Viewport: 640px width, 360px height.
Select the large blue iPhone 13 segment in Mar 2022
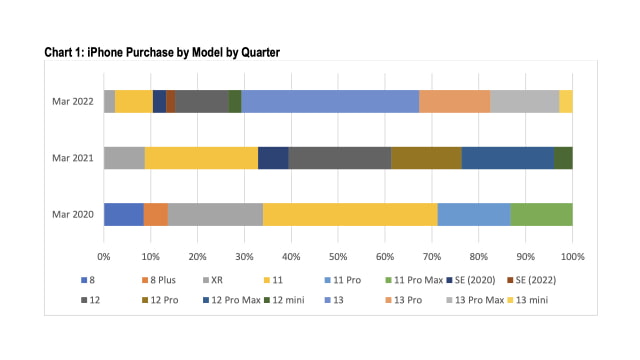tap(330, 101)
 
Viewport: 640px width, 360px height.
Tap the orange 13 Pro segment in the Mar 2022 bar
tap(454, 101)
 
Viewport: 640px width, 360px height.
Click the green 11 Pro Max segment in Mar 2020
tap(541, 215)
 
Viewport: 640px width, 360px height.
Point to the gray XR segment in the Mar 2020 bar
tap(215, 215)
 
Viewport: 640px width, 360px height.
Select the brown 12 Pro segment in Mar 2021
tap(426, 158)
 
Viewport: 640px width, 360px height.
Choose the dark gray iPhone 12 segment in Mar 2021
tap(339, 158)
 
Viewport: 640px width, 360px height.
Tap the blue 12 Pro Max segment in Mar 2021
tap(507, 158)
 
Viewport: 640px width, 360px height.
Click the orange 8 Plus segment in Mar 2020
tap(156, 215)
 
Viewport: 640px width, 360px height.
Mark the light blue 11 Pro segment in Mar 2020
tap(474, 215)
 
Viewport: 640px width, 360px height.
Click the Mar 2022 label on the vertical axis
tap(73, 101)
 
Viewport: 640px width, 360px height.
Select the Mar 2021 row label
tap(73, 158)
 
